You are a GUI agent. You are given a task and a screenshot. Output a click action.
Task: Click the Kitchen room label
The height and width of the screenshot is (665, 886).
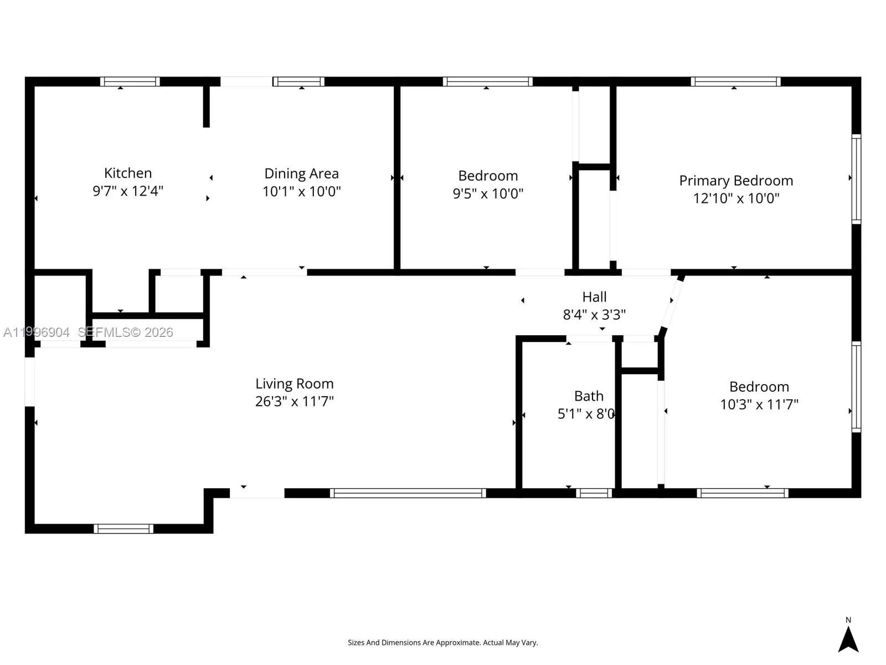coord(128,173)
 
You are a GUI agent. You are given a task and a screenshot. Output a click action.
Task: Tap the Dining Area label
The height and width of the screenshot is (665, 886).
coord(301,173)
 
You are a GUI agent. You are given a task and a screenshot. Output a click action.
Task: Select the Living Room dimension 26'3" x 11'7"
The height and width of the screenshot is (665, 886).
coord(294,401)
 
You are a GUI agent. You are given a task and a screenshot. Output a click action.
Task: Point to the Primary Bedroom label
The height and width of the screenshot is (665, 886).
coord(736,181)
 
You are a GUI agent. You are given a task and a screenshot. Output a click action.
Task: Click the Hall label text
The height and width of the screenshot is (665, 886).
coord(594,297)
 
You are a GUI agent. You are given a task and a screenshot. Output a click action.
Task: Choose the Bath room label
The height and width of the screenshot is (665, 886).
coord(589,396)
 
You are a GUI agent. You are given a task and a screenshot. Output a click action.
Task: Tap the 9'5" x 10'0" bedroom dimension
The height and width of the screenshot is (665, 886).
coord(488,193)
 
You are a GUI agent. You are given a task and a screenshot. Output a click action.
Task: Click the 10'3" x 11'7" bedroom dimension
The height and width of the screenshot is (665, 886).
coord(759,405)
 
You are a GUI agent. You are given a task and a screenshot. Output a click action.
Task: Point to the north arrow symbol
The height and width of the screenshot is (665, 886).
coord(848,640)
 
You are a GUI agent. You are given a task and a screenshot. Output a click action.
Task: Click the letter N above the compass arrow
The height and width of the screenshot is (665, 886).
coord(848,620)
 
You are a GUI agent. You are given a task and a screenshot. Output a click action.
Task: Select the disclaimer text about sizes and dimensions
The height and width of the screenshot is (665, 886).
coord(442,643)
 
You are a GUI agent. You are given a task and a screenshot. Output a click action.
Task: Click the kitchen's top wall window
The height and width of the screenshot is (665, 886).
coord(130,81)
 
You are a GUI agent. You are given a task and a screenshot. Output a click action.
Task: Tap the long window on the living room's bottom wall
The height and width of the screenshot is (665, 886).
coord(408,493)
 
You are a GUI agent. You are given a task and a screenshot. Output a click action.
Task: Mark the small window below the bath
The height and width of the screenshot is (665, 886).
coord(594,493)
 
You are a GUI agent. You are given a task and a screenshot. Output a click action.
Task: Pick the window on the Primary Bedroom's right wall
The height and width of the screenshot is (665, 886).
coord(856,178)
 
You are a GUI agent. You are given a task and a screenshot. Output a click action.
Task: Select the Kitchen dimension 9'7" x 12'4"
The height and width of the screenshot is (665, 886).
coord(128,191)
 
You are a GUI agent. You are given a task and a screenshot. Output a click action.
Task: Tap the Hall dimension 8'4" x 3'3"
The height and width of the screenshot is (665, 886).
coord(594,315)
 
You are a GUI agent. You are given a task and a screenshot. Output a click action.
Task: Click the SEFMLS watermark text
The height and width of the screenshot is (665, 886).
coord(125,332)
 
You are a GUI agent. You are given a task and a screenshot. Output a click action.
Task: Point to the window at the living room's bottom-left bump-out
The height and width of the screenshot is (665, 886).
coord(123,529)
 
